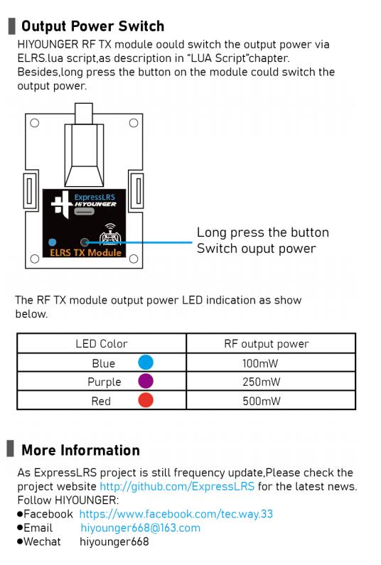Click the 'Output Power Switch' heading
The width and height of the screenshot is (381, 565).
[x=92, y=26]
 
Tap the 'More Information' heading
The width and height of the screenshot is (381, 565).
[x=80, y=451]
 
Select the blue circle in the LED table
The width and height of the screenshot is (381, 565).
[x=146, y=362]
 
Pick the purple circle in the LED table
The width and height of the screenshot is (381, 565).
[x=146, y=381]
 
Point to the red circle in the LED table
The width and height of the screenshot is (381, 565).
[x=146, y=400]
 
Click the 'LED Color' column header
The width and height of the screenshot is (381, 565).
[x=102, y=344]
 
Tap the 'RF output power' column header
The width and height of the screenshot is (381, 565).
[x=267, y=344]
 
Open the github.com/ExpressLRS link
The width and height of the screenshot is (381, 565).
[x=177, y=486]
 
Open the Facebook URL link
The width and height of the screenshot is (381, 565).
[x=176, y=514]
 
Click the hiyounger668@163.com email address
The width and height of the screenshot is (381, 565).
[x=140, y=528]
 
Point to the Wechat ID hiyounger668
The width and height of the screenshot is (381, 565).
[x=114, y=542]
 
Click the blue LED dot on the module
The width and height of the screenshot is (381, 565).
[x=53, y=242]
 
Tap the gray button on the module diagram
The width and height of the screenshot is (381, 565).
[x=85, y=242]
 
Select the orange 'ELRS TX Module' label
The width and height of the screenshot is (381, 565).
[x=85, y=252]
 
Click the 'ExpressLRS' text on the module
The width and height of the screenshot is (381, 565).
[x=95, y=197]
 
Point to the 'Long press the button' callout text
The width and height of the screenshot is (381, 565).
[x=263, y=233]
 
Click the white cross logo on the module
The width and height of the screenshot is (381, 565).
[x=61, y=204]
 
